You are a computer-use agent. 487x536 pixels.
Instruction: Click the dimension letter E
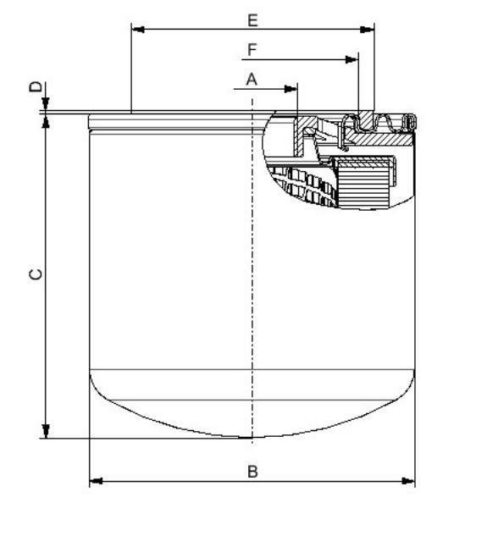click(x=252, y=18)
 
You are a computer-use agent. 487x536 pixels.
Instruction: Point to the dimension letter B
click(x=252, y=471)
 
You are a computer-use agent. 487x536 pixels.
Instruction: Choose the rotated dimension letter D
click(x=35, y=87)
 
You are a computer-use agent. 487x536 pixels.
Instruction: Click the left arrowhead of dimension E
click(x=138, y=30)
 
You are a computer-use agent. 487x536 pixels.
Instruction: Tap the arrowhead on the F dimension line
click(x=351, y=60)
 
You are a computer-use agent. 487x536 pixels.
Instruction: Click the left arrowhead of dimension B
click(x=96, y=482)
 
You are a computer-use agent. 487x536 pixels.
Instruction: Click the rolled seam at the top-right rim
click(x=410, y=124)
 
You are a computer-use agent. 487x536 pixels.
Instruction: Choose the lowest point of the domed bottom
click(x=252, y=438)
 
